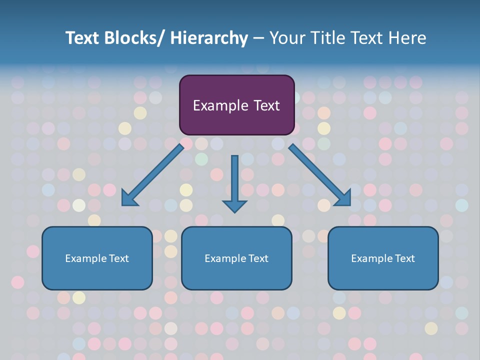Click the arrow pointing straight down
pos(234,182)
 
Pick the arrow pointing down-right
pos(320,175)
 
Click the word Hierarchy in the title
pos(208,38)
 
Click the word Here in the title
pos(406,38)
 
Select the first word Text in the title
pos(83,38)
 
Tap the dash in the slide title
pos(258,38)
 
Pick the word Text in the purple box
pos(265,105)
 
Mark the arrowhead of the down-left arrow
pos(129,198)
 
